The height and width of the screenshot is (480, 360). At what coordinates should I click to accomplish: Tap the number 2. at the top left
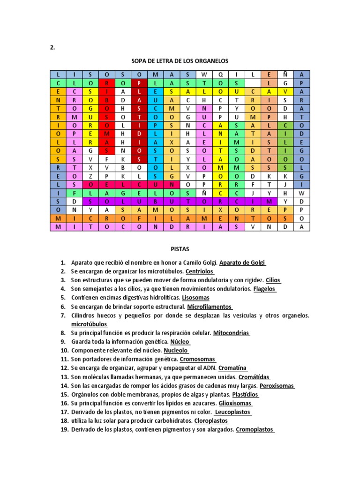(52, 47)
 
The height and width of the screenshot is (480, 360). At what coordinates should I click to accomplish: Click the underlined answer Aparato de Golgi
(242, 262)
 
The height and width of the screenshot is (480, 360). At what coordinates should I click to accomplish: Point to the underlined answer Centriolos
(200, 271)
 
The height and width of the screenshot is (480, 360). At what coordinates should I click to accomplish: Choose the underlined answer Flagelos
(264, 289)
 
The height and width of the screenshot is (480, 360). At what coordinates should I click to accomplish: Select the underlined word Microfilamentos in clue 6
(210, 307)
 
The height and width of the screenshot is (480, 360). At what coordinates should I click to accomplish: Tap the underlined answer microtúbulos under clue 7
(89, 324)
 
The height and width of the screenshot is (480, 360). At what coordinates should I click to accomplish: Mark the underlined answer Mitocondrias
(231, 333)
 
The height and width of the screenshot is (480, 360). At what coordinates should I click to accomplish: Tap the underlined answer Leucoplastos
(232, 412)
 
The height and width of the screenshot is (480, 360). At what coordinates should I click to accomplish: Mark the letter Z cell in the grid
(90, 176)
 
